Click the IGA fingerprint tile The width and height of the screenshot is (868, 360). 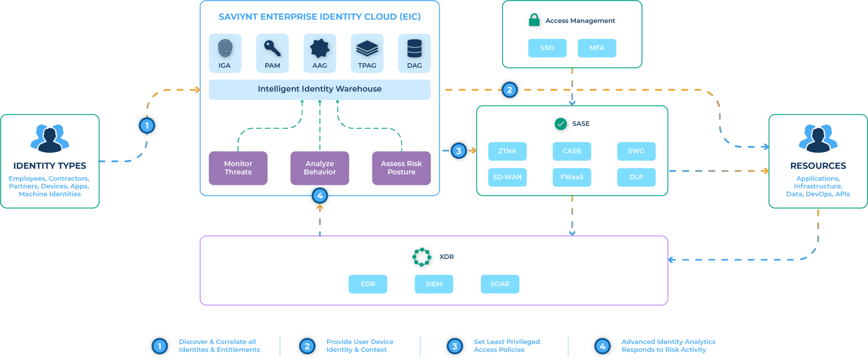click(225, 53)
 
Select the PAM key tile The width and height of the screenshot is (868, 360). click(273, 53)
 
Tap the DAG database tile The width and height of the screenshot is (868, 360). click(414, 53)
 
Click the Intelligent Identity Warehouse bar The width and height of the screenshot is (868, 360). click(320, 89)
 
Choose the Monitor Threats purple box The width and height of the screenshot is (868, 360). click(238, 168)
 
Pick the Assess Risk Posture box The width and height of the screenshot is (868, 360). click(401, 168)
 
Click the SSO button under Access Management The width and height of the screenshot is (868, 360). click(547, 48)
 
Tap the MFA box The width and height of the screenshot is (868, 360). click(597, 48)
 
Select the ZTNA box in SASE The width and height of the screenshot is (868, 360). click(507, 151)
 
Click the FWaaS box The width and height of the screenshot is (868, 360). click(572, 177)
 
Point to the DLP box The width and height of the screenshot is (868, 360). click(636, 177)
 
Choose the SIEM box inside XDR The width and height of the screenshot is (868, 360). click(434, 284)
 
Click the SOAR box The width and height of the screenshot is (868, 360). click(500, 284)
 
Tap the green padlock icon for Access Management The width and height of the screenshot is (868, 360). click(534, 20)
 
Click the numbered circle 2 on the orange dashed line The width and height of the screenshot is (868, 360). click(509, 90)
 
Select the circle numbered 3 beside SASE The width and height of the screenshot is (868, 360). click(459, 151)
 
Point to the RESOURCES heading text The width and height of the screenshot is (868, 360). click(818, 166)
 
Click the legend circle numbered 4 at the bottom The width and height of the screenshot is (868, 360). click(602, 346)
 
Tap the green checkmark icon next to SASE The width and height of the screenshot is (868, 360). click(561, 124)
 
